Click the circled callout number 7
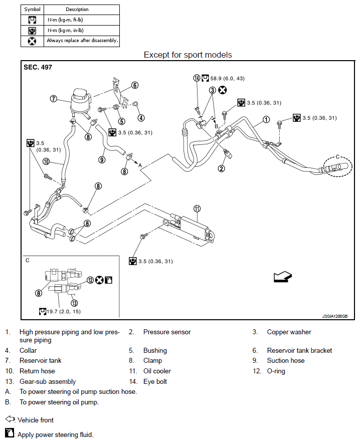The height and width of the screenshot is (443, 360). coord(53,99)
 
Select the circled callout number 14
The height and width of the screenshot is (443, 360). coord(197,78)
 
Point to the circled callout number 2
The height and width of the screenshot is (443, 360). coord(221,168)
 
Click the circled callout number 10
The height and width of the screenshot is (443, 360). coord(46,162)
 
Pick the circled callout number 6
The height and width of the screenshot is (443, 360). coord(135,85)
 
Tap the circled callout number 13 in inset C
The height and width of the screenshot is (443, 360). coord(74,303)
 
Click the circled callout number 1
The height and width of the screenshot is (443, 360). coord(266,120)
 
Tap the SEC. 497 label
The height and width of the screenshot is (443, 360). coord(38,67)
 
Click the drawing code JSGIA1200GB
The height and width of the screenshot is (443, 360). coord(335,316)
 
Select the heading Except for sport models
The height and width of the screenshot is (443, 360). coord(188,55)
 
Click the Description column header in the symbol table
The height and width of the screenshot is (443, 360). coord(77,9)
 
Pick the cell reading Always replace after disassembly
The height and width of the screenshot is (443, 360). coord(82,41)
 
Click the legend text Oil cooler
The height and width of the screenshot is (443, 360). coord(157,371)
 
